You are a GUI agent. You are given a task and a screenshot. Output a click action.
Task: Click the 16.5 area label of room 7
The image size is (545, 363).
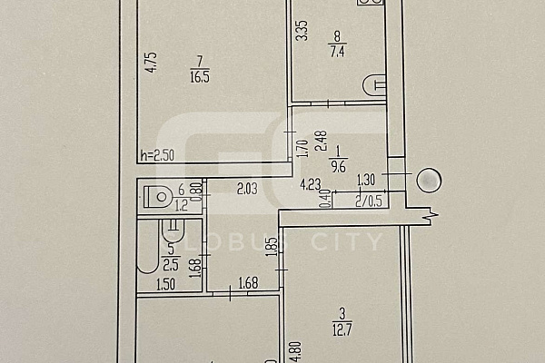[200, 77]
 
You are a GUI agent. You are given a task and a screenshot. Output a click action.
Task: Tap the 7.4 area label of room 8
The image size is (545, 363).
[337, 52]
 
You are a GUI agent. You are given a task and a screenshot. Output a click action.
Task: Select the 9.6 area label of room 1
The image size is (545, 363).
[338, 167]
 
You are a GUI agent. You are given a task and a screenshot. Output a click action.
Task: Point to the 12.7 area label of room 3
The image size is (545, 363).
[342, 330]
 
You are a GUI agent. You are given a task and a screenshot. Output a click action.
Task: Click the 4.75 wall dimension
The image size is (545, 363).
[152, 63]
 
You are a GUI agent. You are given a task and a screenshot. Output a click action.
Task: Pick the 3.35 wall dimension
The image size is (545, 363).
[302, 31]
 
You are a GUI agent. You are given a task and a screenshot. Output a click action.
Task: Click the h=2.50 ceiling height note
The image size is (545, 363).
[157, 155]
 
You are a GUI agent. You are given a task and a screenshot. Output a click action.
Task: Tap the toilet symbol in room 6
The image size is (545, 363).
[158, 197]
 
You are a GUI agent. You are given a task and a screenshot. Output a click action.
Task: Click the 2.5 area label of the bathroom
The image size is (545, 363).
[171, 265]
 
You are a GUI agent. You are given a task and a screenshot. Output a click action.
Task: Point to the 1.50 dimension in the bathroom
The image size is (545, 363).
[166, 285]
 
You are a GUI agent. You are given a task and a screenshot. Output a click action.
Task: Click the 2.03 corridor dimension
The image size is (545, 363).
[247, 189]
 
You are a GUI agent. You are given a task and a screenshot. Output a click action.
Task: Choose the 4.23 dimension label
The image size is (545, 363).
[311, 184]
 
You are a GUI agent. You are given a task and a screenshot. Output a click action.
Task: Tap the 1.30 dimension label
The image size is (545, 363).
[366, 180]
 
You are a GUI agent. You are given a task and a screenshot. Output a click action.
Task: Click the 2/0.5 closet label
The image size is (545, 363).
[369, 201]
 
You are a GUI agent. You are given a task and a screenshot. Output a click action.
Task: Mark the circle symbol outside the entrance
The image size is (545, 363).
[429, 181]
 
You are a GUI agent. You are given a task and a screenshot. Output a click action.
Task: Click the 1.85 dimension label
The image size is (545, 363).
[273, 246]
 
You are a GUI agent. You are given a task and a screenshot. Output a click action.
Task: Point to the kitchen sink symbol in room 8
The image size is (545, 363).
[374, 84]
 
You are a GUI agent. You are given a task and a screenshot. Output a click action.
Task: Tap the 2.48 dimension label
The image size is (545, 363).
[321, 141]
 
